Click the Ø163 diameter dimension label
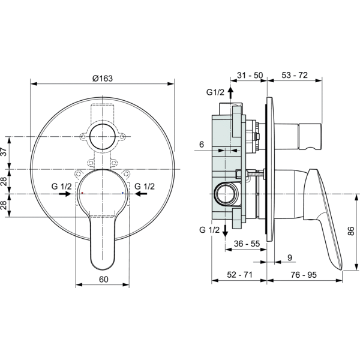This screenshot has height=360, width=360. pyautogui.click(x=103, y=79)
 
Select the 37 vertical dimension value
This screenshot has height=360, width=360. pyautogui.click(x=5, y=152)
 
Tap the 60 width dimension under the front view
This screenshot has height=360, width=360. pyautogui.click(x=104, y=280)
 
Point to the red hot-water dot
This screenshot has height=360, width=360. pyautogui.click(x=82, y=193)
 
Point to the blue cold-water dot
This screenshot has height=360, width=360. pyautogui.click(x=122, y=193)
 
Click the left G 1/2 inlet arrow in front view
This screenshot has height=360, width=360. pyautogui.click(x=65, y=194)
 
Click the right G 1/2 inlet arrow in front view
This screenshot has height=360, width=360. pyautogui.click(x=141, y=194)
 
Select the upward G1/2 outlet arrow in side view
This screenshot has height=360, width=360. pyautogui.click(x=230, y=92)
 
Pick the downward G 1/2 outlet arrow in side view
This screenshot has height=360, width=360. pyautogui.click(x=225, y=231)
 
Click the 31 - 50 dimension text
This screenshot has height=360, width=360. pyautogui.click(x=250, y=75)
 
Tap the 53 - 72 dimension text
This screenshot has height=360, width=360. pyautogui.click(x=295, y=75)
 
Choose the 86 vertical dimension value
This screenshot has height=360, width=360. pyautogui.click(x=351, y=231)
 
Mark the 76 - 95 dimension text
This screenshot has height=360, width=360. pyautogui.click(x=304, y=275)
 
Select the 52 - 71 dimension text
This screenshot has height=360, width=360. pyautogui.click(x=239, y=275)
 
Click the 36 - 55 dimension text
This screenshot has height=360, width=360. pyautogui.click(x=247, y=244)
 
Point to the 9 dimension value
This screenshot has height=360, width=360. pyautogui.click(x=290, y=258)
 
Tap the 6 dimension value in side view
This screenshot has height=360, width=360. pyautogui.click(x=202, y=145)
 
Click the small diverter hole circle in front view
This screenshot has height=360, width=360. pyautogui.click(x=102, y=137)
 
